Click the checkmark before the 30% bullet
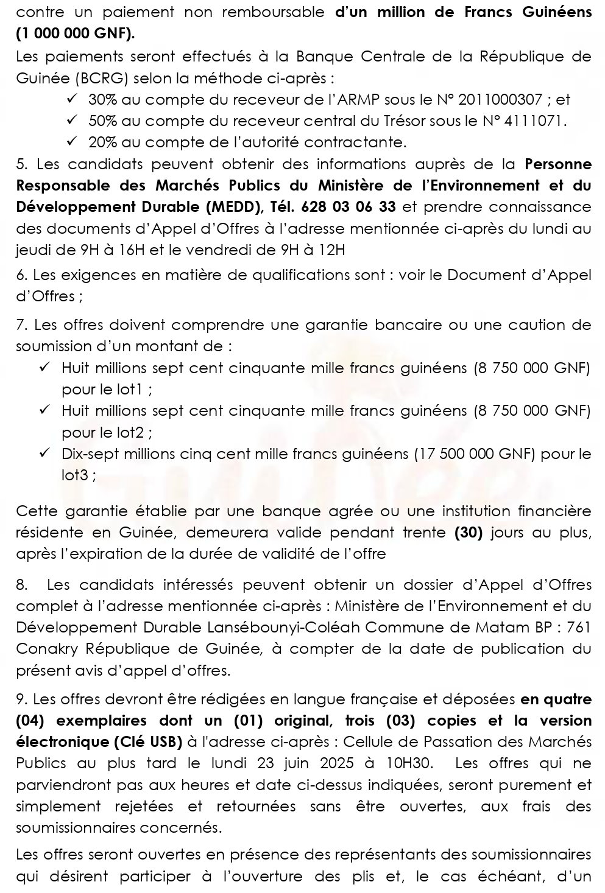(x=72, y=99)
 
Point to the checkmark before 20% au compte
(x=72, y=142)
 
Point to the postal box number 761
(x=578, y=628)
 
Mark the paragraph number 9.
(x=21, y=699)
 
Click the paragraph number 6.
(x=21, y=275)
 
